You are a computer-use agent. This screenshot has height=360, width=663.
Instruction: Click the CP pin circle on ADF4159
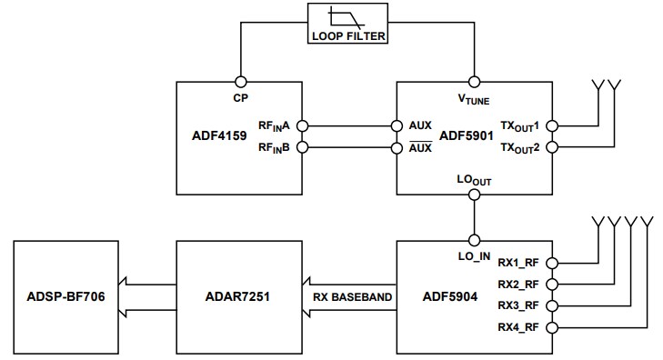coord(241,79)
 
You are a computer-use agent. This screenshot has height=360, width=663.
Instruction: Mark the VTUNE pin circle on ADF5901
coord(473,79)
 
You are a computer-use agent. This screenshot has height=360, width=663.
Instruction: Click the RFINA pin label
coord(274,126)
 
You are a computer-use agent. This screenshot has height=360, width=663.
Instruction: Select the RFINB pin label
coord(274,148)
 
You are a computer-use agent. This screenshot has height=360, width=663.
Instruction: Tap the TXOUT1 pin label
coord(524,126)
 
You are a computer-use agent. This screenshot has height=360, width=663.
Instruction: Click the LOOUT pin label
coord(473,181)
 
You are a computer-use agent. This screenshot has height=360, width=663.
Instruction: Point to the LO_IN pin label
coord(473,255)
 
